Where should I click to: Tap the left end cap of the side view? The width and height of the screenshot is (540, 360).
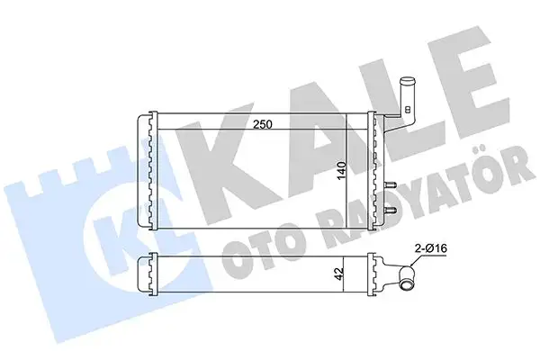pos(146,274)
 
